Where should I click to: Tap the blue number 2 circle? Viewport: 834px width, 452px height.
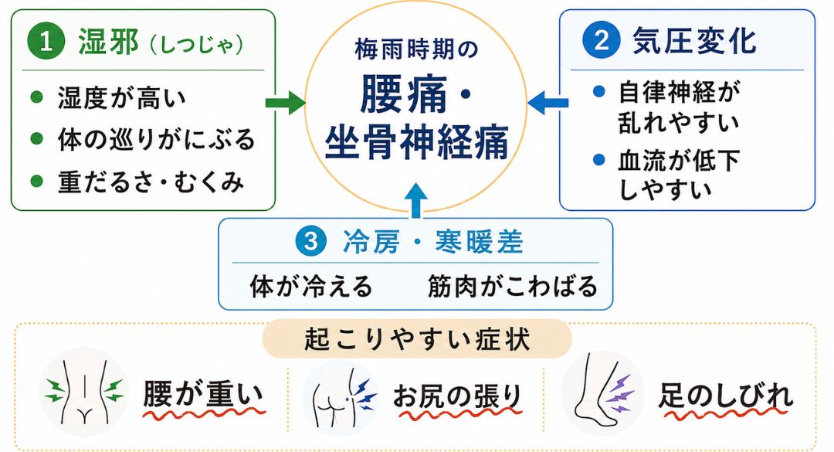point(602,39)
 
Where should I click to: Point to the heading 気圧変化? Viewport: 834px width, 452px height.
point(694,40)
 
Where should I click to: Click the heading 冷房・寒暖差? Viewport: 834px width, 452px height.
point(432,243)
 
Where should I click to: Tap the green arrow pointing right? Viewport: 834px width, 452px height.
point(286,101)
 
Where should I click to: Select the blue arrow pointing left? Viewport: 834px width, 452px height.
point(548,102)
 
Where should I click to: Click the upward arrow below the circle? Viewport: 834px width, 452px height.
point(416,201)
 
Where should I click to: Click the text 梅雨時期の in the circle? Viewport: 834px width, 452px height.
point(416,50)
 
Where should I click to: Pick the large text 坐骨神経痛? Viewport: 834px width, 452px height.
point(416,143)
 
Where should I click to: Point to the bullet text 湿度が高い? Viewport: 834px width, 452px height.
point(122,98)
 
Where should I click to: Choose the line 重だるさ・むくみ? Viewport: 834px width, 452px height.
point(151,182)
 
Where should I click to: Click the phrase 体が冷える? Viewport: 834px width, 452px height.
point(311,287)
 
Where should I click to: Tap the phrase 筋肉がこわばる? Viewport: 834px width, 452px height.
point(513,287)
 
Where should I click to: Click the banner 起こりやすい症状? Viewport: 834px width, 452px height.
point(417,338)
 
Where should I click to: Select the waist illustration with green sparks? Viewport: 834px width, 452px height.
point(84,392)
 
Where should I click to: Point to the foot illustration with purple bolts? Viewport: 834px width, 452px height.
point(603,393)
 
